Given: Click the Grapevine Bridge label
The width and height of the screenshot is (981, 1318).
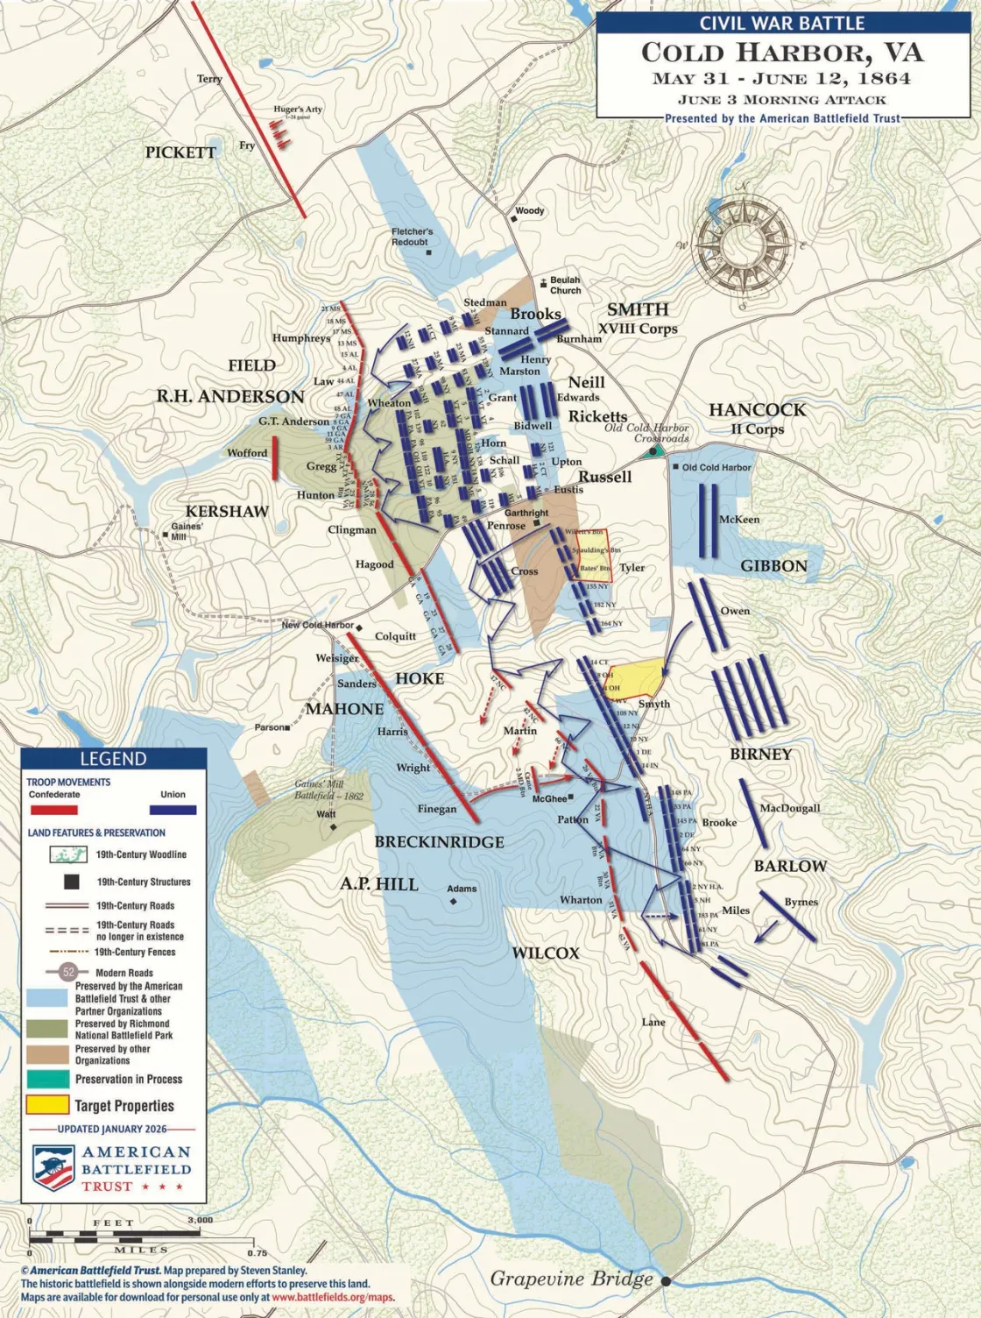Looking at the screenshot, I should pyautogui.click(x=571, y=1279).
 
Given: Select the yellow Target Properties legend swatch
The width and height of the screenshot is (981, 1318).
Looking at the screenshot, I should pyautogui.click(x=47, y=1105).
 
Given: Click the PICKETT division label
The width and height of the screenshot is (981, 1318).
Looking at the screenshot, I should pyautogui.click(x=180, y=152).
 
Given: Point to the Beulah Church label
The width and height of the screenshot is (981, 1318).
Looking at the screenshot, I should pyautogui.click(x=565, y=285).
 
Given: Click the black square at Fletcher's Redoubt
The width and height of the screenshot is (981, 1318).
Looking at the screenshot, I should pyautogui.click(x=428, y=252).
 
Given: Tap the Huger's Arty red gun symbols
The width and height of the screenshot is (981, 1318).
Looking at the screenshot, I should pyautogui.click(x=279, y=132).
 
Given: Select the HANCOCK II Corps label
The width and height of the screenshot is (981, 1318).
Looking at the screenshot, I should pyautogui.click(x=757, y=417).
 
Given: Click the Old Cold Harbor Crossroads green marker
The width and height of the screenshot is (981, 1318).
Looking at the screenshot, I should pyautogui.click(x=652, y=452).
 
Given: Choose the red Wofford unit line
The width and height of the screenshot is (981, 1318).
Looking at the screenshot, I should pyautogui.click(x=275, y=457).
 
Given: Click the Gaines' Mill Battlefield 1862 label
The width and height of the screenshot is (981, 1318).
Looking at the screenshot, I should pyautogui.click(x=328, y=790).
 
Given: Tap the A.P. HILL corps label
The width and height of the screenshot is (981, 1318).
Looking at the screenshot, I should pyautogui.click(x=379, y=884).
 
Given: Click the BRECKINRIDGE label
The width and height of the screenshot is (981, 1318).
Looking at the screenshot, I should pyautogui.click(x=439, y=842).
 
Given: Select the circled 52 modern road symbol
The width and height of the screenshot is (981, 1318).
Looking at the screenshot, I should pyautogui.click(x=67, y=971).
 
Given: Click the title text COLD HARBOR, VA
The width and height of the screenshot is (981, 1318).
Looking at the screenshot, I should pyautogui.click(x=782, y=53).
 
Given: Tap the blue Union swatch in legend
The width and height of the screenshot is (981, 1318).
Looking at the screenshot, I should pyautogui.click(x=173, y=810).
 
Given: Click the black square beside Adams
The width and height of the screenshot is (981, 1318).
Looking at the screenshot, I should pyautogui.click(x=454, y=901).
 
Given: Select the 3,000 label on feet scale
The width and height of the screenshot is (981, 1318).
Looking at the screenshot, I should pyautogui.click(x=200, y=1220).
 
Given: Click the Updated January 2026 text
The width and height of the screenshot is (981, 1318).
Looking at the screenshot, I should pyautogui.click(x=111, y=1129).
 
